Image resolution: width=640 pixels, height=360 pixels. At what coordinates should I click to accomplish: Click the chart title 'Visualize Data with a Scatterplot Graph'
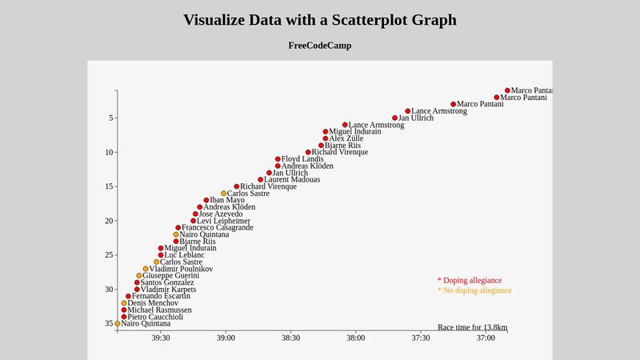(320, 20)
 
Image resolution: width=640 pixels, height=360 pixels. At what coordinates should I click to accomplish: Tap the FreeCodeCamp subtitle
(320, 46)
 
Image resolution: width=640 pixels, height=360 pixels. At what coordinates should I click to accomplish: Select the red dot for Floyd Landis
(278, 159)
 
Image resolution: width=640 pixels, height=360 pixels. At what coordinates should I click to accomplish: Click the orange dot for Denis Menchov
(124, 303)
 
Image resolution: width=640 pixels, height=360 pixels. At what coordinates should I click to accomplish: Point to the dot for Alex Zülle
(326, 138)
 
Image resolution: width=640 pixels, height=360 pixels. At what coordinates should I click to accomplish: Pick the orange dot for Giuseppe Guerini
(138, 276)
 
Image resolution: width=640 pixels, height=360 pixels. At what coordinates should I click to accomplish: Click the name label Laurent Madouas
(292, 180)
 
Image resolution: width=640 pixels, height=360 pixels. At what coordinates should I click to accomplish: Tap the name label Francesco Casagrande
(218, 228)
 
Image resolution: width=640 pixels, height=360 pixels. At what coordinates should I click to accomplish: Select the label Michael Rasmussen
(160, 310)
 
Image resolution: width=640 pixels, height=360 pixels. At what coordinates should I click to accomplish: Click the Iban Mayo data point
(206, 201)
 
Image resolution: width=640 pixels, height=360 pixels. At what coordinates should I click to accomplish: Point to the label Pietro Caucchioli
(155, 317)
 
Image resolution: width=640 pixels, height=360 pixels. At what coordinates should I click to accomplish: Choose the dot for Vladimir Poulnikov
(146, 269)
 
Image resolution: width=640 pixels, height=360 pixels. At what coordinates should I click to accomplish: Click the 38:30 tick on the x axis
(290, 338)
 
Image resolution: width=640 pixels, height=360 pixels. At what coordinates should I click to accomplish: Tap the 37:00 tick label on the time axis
(486, 338)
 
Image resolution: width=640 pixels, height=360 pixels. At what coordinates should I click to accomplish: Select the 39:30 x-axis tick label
(161, 338)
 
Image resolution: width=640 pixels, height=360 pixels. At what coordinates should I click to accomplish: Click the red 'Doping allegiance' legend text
(470, 281)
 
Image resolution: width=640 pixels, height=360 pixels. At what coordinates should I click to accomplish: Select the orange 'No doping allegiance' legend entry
(474, 290)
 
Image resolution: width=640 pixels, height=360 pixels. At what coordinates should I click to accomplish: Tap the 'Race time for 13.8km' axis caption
(473, 327)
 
